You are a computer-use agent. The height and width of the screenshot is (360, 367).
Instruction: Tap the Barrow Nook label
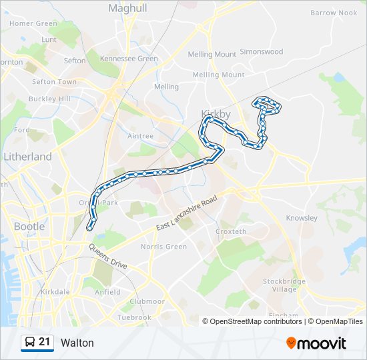[x=334, y=13]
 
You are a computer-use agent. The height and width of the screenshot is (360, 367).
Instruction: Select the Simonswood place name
[x=261, y=51]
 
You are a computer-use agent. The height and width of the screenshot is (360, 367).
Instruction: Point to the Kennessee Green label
[x=129, y=59]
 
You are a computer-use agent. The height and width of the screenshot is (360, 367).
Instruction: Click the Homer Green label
[x=33, y=23]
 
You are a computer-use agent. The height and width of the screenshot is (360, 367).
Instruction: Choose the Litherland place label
[x=27, y=157]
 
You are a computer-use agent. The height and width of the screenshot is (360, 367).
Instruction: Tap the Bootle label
[x=29, y=226]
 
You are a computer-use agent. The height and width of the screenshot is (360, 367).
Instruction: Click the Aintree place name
[x=140, y=136]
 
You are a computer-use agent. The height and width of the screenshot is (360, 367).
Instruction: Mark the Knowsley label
[x=302, y=218]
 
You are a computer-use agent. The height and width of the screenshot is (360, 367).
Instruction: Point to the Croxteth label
[x=231, y=231]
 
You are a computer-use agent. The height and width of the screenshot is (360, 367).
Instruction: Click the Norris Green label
[x=163, y=247]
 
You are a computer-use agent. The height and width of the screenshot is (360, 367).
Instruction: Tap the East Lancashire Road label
[x=187, y=215]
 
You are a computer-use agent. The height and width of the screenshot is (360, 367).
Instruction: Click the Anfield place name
[x=107, y=292]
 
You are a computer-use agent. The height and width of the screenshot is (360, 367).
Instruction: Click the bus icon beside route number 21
[x=29, y=343]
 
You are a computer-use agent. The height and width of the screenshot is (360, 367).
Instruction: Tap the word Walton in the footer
[x=77, y=343]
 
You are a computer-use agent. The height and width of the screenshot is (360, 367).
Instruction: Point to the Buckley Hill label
[x=49, y=99]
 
